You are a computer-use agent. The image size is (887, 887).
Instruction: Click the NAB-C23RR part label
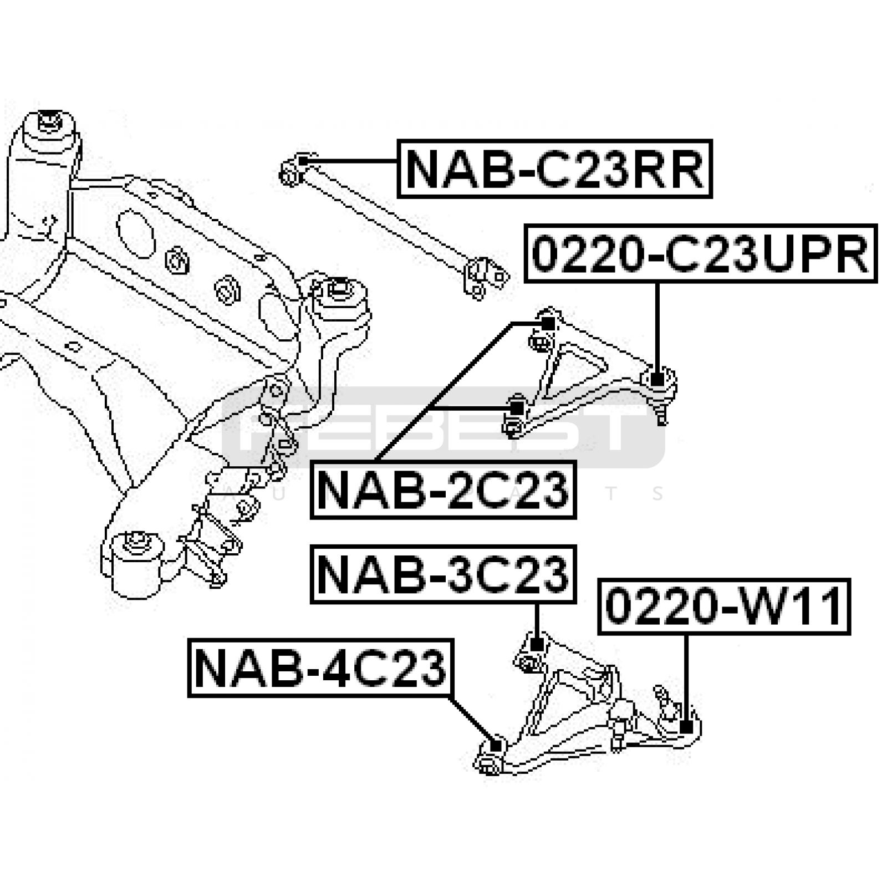[x=554, y=169]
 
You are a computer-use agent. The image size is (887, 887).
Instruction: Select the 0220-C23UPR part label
[x=700, y=254]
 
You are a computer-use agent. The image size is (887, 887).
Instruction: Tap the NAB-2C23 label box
[x=443, y=490]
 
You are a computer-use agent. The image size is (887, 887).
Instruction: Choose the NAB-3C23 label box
[x=443, y=574]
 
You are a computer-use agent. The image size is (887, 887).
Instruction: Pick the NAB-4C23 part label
[x=320, y=668]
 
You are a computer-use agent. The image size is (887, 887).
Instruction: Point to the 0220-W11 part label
[x=723, y=607]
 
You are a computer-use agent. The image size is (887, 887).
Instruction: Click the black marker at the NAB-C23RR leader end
[x=303, y=161]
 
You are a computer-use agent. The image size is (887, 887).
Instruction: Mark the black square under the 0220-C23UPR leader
[x=657, y=380]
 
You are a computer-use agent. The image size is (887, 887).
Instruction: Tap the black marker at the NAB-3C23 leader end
[x=536, y=644]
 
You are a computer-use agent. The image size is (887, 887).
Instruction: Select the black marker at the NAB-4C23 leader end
[x=497, y=746]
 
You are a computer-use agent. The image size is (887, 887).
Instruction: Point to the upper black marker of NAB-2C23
[x=547, y=323]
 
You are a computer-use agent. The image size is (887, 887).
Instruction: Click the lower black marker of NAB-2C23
[x=517, y=408]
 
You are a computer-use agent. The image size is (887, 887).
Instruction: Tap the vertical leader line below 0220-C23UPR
[x=657, y=327]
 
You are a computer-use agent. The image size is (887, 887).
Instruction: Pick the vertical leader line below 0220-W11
[x=686, y=676]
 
